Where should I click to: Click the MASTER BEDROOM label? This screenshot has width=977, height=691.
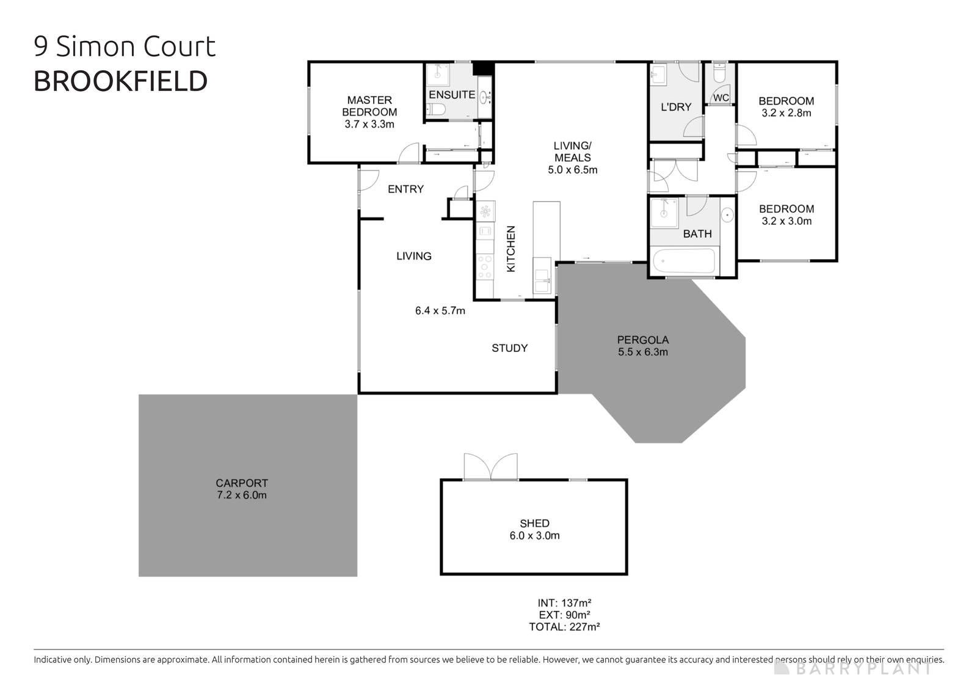click(x=369, y=106)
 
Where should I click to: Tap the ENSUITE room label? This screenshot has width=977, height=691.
click(x=452, y=95)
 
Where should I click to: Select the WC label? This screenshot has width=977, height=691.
click(x=721, y=98)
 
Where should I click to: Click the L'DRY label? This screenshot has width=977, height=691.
click(x=676, y=107)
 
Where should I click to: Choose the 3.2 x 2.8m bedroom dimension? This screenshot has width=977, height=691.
click(x=786, y=113)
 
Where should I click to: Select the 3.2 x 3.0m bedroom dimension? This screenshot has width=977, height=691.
click(x=786, y=221)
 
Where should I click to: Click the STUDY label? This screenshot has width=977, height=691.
click(x=510, y=348)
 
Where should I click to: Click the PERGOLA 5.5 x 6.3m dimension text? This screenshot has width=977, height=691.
click(x=643, y=352)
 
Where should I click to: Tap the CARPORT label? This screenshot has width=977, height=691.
click(x=242, y=483)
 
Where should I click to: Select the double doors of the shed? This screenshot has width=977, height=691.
click(x=490, y=467)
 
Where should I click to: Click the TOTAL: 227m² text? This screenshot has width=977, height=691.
click(x=564, y=626)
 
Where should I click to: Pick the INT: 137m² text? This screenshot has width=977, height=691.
click(x=564, y=602)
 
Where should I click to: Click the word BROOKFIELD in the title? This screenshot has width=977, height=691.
click(x=120, y=81)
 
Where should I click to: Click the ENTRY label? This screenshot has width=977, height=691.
click(x=405, y=189)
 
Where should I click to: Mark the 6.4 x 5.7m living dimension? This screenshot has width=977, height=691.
click(x=440, y=311)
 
